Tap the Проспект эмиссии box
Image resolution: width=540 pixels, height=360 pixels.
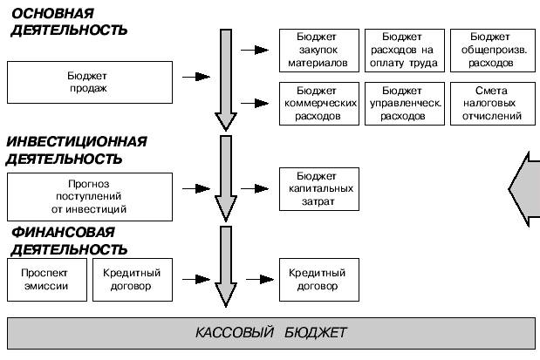click(x=44, y=279)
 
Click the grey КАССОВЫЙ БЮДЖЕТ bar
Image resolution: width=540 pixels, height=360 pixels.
click(x=270, y=333)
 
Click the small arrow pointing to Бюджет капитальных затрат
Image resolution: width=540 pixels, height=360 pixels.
click(x=256, y=187)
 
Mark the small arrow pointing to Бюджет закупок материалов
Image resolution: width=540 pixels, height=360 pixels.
click(x=256, y=50)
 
